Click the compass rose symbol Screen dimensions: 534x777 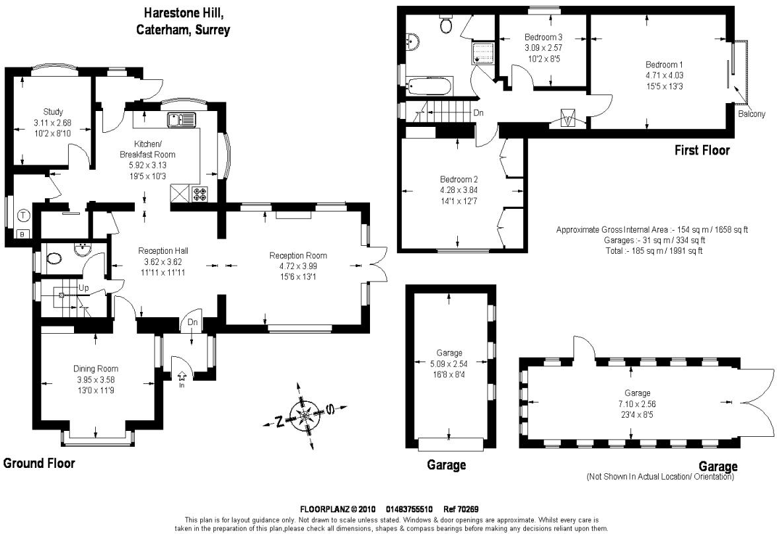(x=305, y=414)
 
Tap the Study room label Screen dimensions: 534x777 (x=53, y=112)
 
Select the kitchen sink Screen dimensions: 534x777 (x=180, y=120)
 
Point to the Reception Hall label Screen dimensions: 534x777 (x=163, y=251)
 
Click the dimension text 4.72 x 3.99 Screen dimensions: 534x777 (x=297, y=266)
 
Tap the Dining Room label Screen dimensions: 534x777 (x=96, y=369)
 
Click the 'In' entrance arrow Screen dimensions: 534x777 (x=182, y=377)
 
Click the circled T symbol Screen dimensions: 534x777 (x=23, y=215)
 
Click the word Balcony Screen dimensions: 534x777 (x=751, y=114)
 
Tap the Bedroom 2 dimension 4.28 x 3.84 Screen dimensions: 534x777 (x=459, y=190)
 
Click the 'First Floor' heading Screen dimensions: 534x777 (x=702, y=151)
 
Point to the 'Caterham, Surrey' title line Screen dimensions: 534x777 (x=182, y=30)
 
